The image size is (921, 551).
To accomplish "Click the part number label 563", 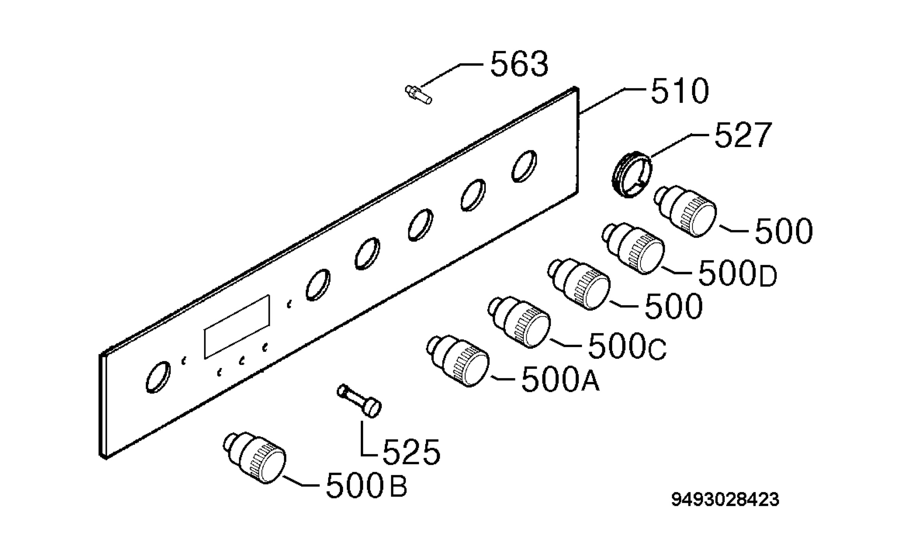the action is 519,64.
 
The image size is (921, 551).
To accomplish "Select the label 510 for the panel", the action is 680,91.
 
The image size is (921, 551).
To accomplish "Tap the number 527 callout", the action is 743,135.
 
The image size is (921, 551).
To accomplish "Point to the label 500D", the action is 737,273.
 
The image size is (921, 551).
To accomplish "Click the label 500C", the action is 627,346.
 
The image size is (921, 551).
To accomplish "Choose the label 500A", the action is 560,379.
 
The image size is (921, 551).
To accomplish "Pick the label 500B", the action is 366,485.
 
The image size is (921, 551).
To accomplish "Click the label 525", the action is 411,451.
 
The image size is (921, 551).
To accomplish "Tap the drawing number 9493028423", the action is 725,500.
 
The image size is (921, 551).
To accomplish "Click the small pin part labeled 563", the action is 418,94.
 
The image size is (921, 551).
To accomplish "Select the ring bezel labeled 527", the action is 631,175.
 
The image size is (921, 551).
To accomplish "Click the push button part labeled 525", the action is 359,401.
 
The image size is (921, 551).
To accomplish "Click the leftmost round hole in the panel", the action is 158,377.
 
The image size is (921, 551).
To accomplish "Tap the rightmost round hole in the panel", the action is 524,166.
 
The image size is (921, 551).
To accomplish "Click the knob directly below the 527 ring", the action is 685,211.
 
